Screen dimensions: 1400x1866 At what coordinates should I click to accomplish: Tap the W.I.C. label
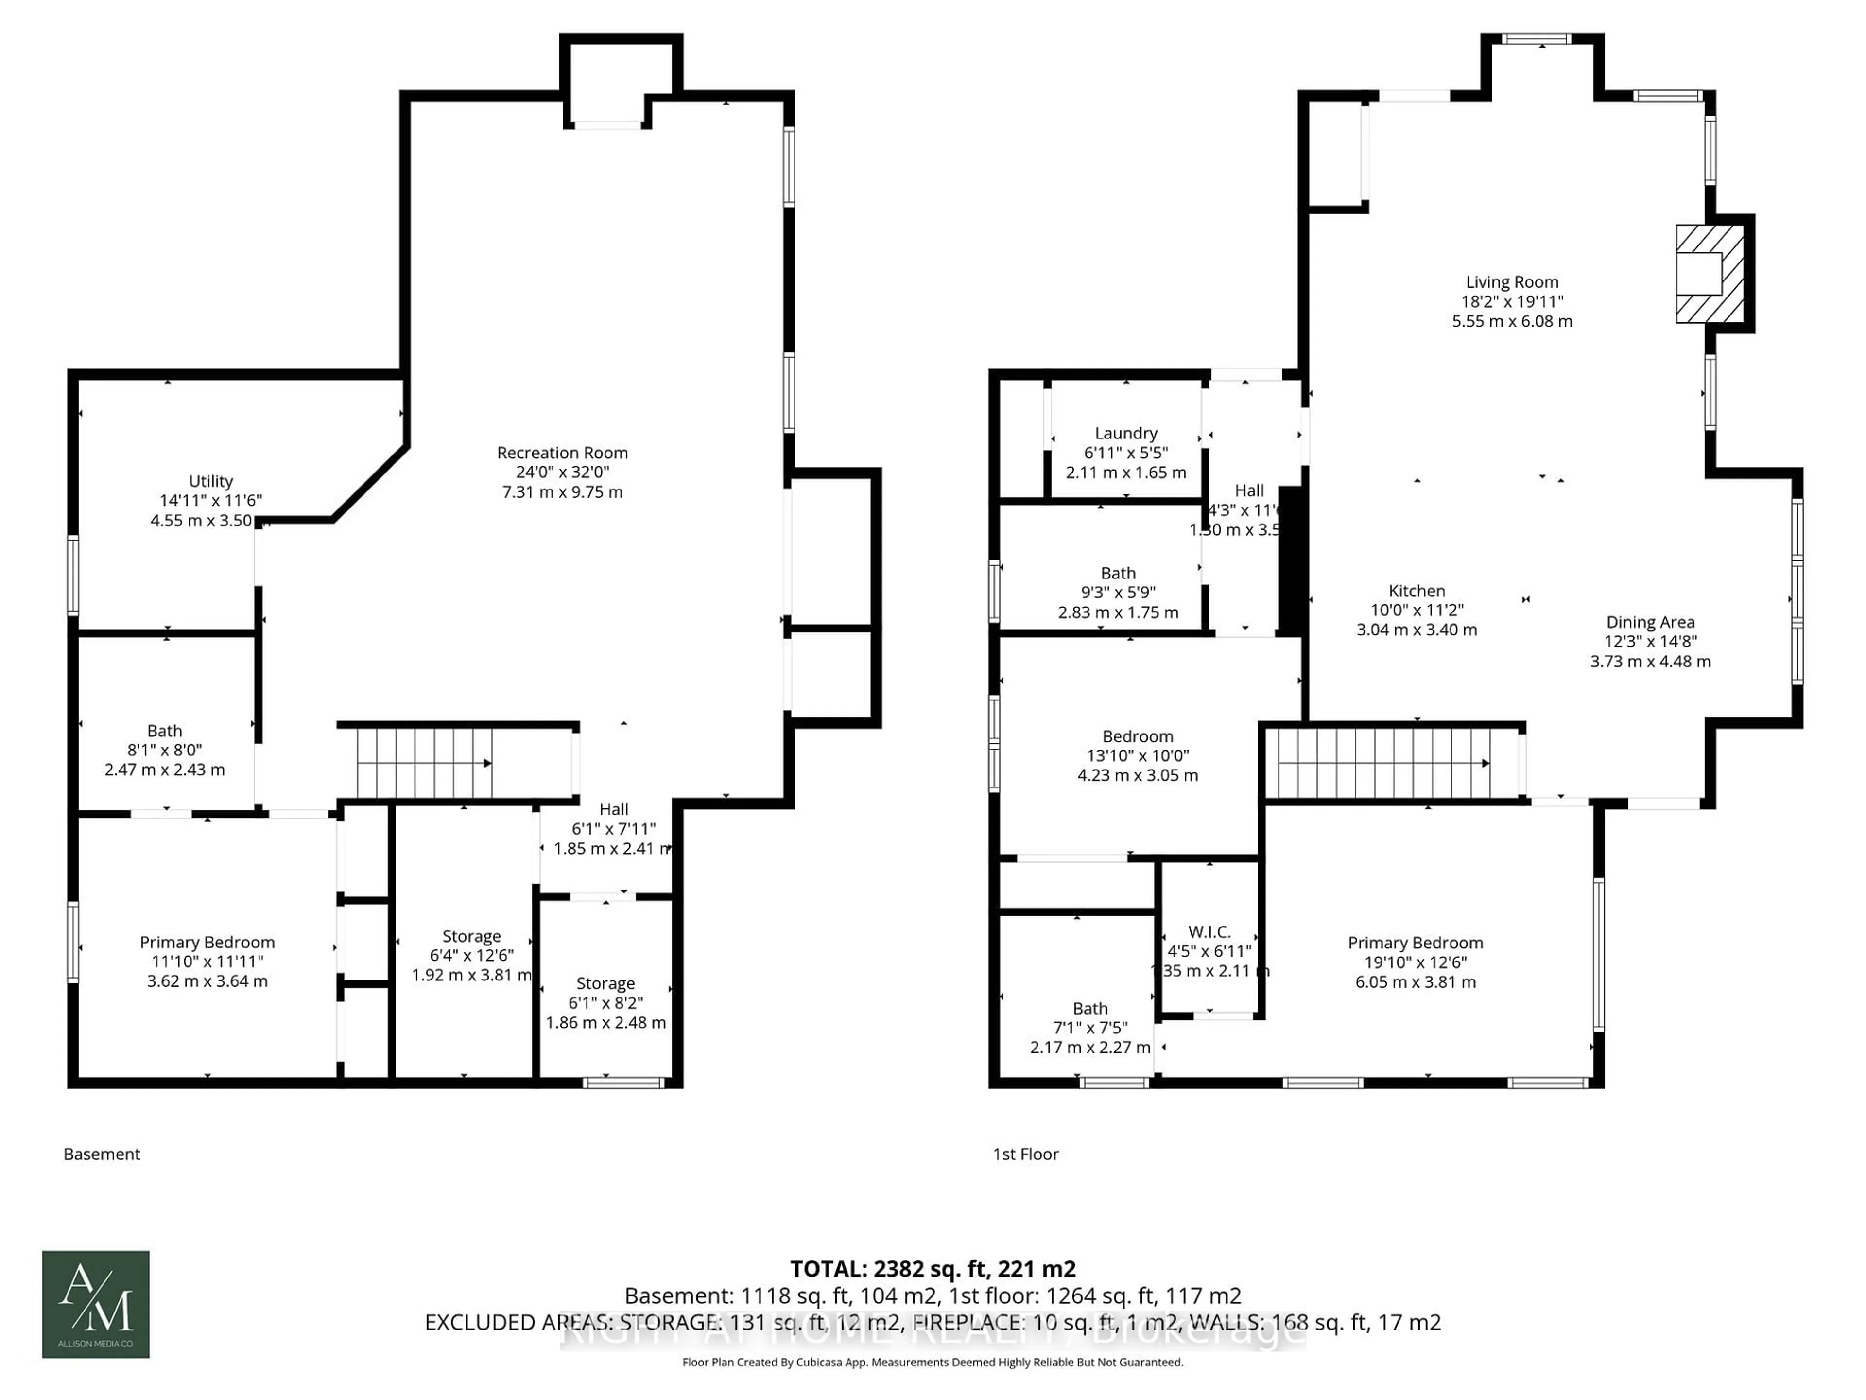pyautogui.click(x=1209, y=932)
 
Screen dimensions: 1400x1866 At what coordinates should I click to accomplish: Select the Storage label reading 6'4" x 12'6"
pyautogui.click(x=471, y=937)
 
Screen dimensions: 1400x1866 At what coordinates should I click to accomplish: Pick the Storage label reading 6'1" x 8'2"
pyautogui.click(x=605, y=984)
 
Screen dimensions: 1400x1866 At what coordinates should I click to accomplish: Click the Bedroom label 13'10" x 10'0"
pyautogui.click(x=1137, y=737)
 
